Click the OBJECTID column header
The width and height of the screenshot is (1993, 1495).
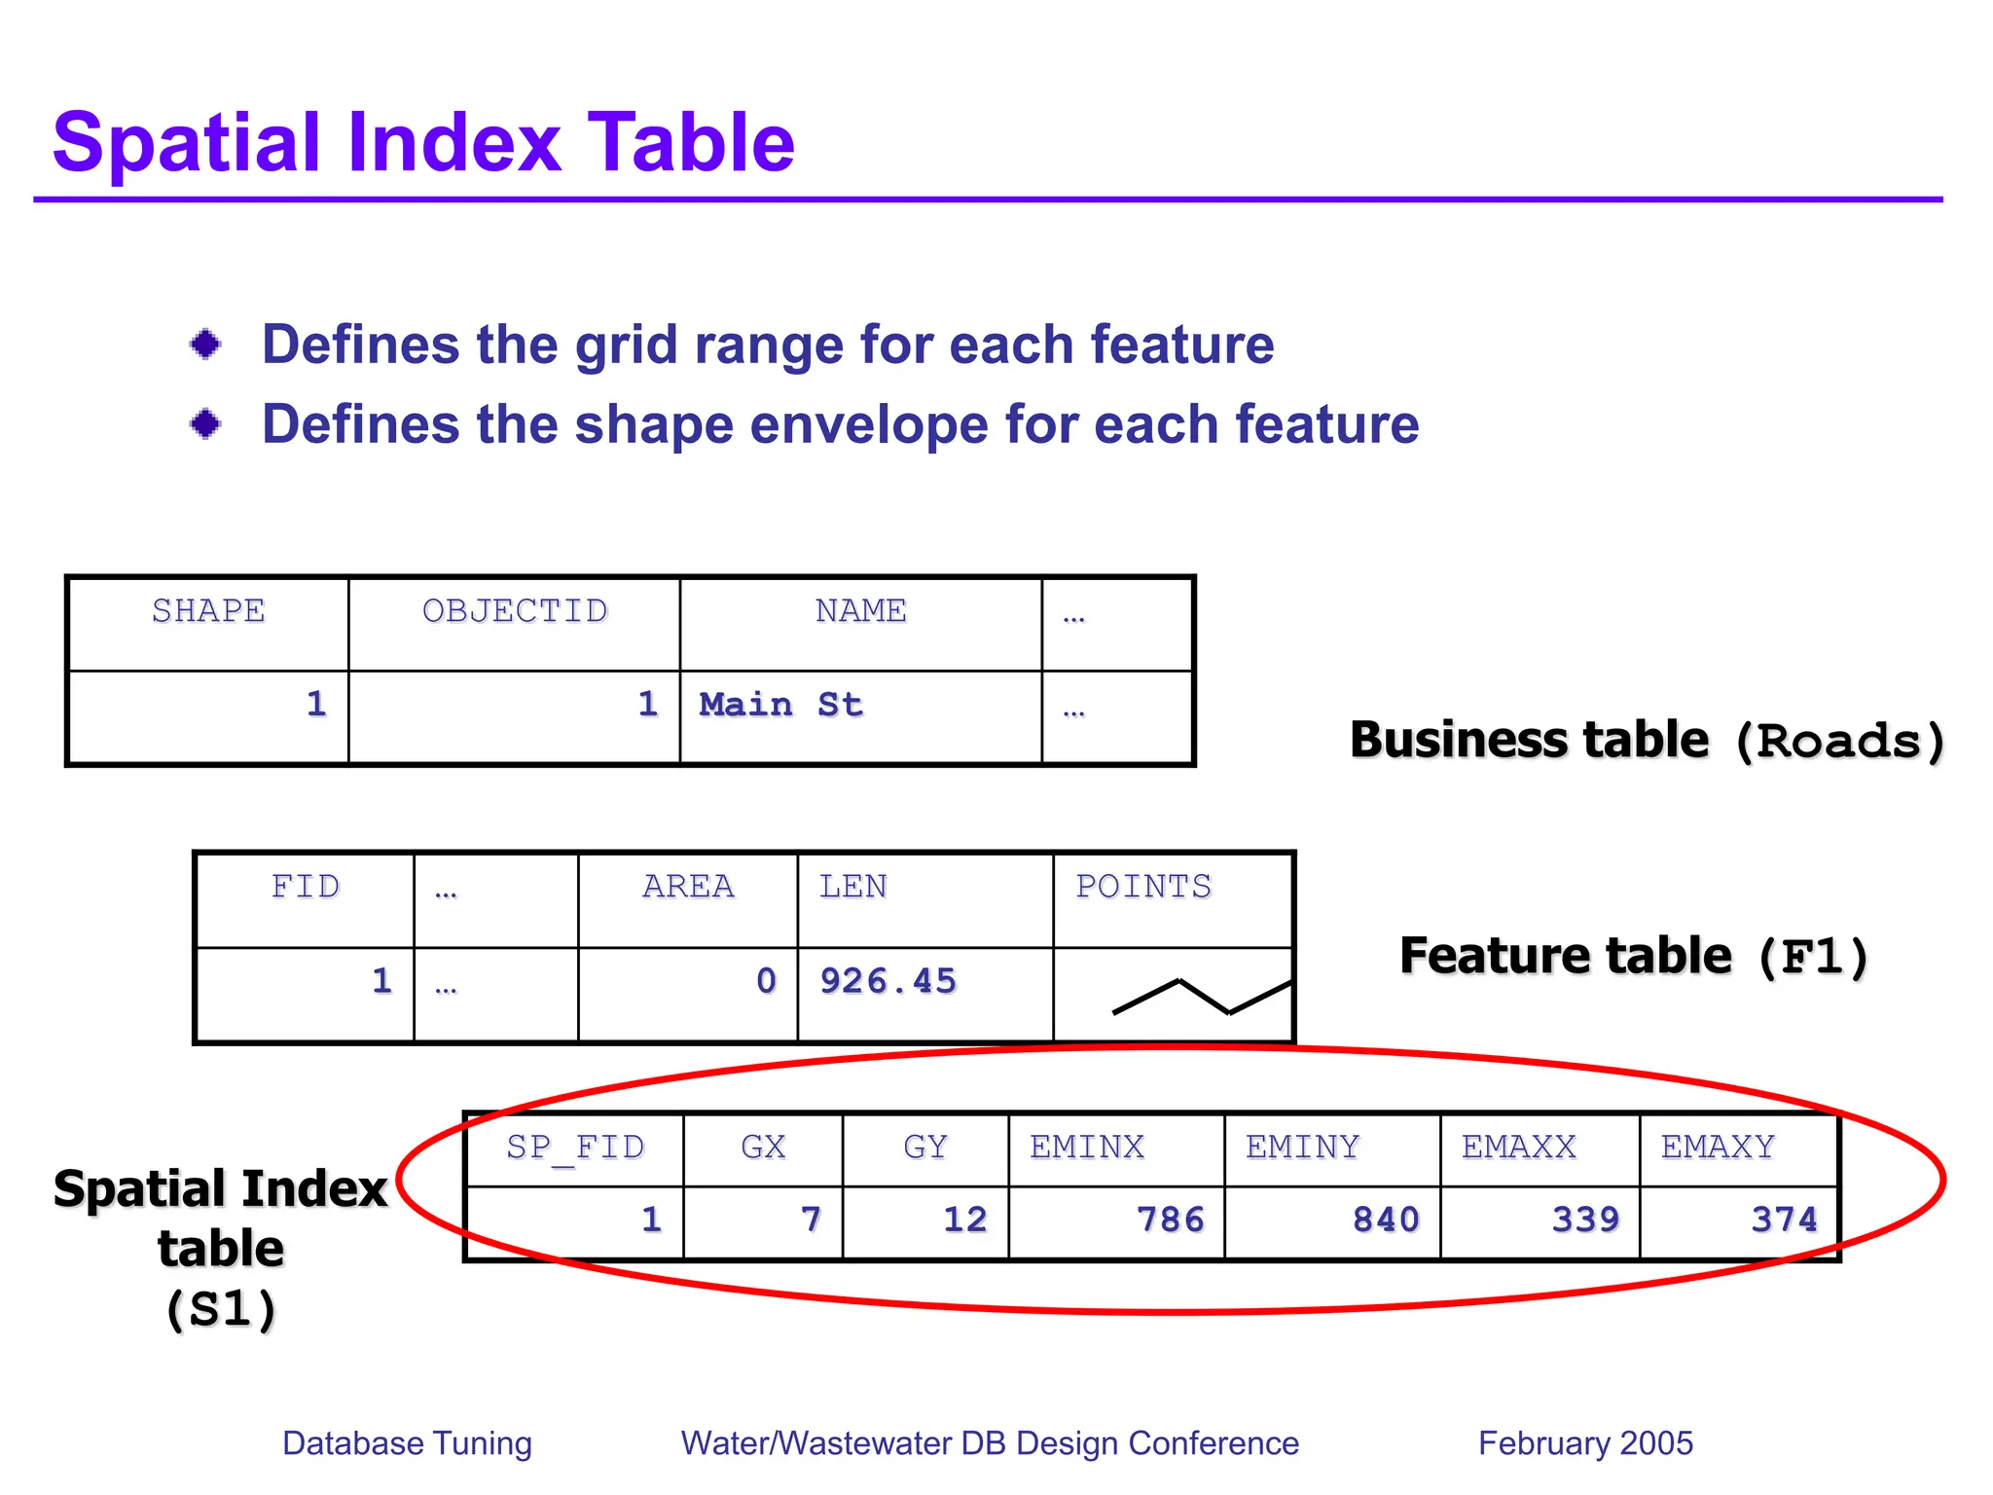pos(515,611)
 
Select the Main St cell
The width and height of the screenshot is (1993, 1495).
pos(780,705)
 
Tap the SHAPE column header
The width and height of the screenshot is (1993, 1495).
pos(208,611)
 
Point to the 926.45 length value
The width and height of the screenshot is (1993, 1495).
pos(888,981)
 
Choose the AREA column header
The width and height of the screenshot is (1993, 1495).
pos(688,887)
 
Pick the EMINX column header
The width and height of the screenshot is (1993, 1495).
pos(1087,1148)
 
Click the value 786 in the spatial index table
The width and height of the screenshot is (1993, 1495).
pos(1171,1220)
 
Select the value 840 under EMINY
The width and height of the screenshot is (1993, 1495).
pos(1386,1220)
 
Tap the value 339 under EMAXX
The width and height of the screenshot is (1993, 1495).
pos(1585,1220)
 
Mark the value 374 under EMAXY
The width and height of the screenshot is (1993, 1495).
pos(1784,1220)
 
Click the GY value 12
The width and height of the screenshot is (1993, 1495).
pos(965,1220)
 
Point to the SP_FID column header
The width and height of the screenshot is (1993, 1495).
pos(575,1148)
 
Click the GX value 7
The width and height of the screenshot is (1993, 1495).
pos(811,1220)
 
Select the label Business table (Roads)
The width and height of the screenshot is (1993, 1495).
pos(1647,741)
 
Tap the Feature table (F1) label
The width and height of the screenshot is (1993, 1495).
pos(1634,956)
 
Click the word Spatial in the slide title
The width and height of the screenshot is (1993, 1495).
pos(186,143)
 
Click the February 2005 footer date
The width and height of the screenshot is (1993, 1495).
pos(1585,1442)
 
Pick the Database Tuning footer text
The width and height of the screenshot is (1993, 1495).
pos(407,1442)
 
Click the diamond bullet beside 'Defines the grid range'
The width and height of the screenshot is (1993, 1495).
pos(205,345)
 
